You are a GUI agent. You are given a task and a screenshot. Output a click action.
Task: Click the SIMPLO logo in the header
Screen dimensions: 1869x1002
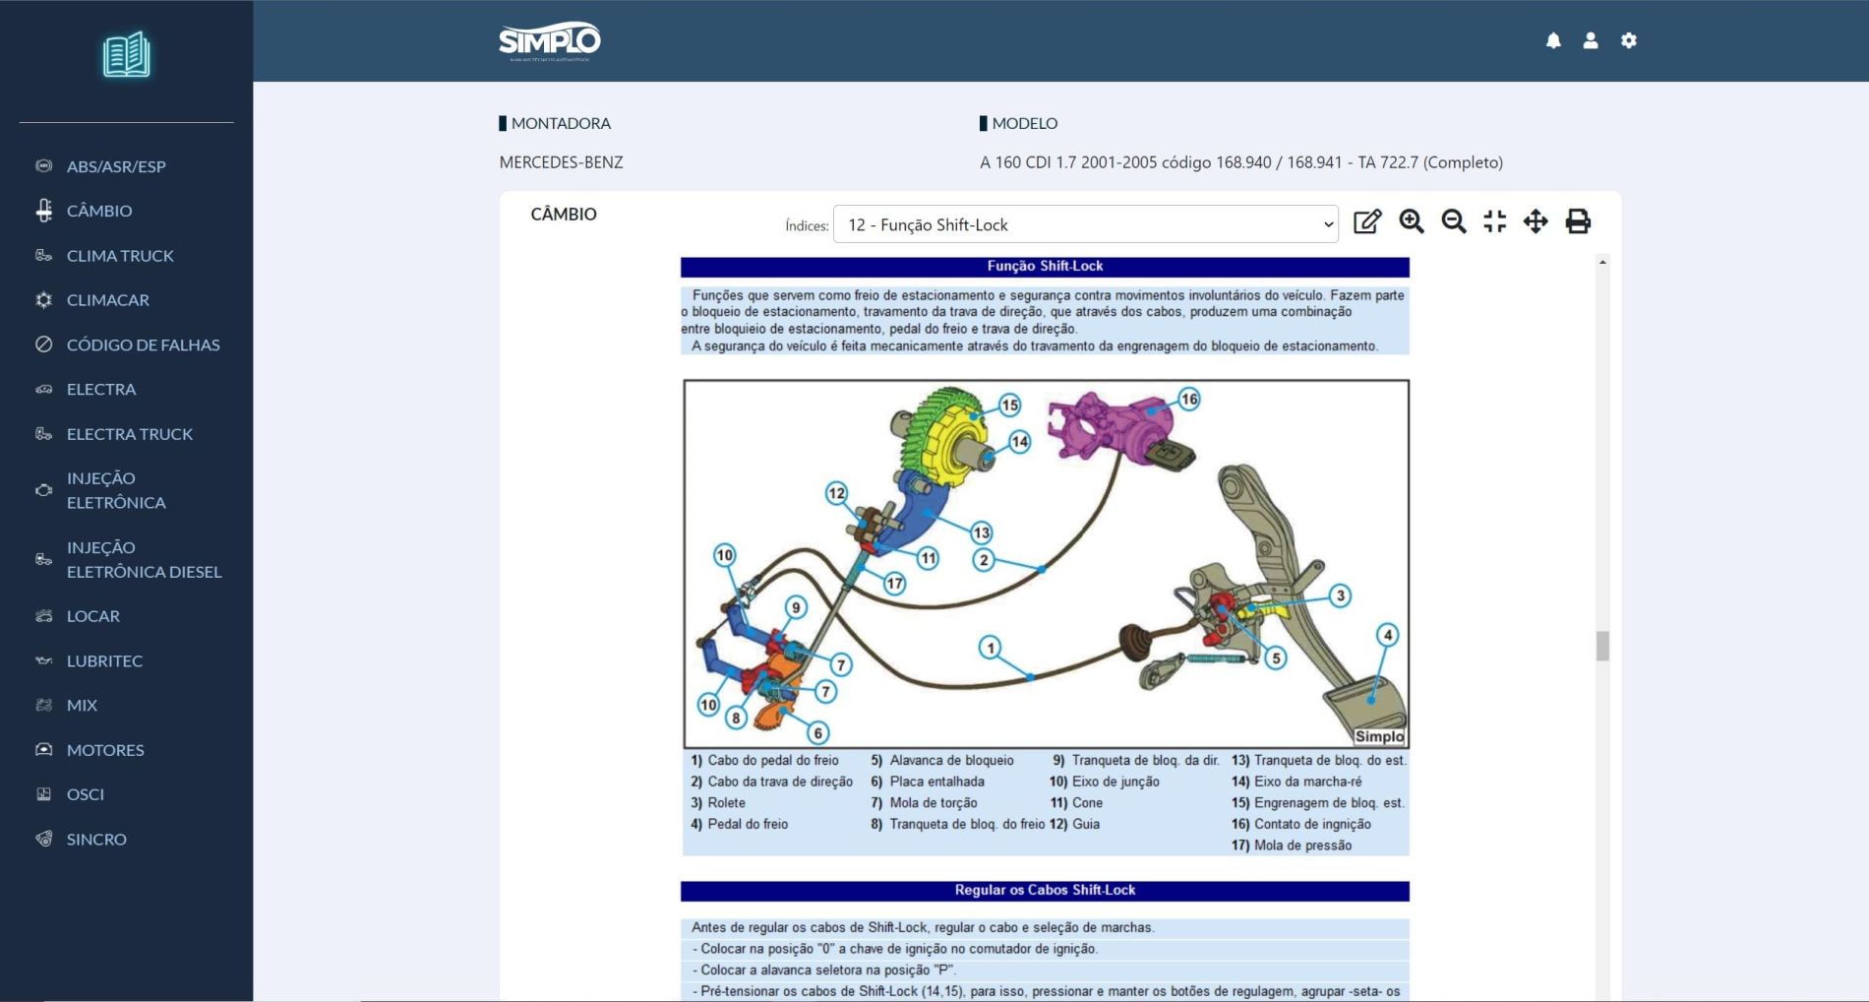[x=549, y=41]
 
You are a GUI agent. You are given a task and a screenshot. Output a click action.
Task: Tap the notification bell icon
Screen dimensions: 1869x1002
[x=1553, y=40]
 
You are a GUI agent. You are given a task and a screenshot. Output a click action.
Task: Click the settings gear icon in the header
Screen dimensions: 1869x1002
[x=1629, y=40]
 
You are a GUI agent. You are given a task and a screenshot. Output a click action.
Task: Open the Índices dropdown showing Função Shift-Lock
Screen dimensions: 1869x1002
[x=1085, y=224]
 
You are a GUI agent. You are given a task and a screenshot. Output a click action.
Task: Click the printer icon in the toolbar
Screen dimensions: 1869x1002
[x=1578, y=221]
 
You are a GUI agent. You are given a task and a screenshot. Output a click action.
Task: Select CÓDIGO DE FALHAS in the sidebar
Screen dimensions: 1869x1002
[x=143, y=344]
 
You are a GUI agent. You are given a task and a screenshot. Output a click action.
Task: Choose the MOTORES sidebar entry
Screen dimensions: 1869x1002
[x=105, y=750]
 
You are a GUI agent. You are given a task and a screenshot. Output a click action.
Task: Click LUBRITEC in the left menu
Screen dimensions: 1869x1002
[x=104, y=660]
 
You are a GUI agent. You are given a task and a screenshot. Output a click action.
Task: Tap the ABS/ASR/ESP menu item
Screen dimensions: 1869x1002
[x=116, y=166]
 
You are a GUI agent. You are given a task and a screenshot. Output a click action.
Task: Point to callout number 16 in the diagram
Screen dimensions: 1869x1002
[x=1189, y=399]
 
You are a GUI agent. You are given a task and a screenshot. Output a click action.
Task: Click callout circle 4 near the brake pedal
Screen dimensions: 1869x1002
[x=1387, y=635]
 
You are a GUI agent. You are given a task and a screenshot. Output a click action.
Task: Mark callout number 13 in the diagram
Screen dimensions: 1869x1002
[x=981, y=532]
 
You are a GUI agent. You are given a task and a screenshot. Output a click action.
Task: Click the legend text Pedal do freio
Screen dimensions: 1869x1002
[x=748, y=824]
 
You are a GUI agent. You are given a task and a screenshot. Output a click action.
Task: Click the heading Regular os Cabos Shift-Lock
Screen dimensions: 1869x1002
[x=1045, y=890]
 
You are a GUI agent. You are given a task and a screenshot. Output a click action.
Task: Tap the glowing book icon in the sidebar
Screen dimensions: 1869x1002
[x=126, y=54]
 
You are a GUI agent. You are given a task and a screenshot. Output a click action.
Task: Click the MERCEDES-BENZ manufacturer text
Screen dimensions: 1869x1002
[x=561, y=162]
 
